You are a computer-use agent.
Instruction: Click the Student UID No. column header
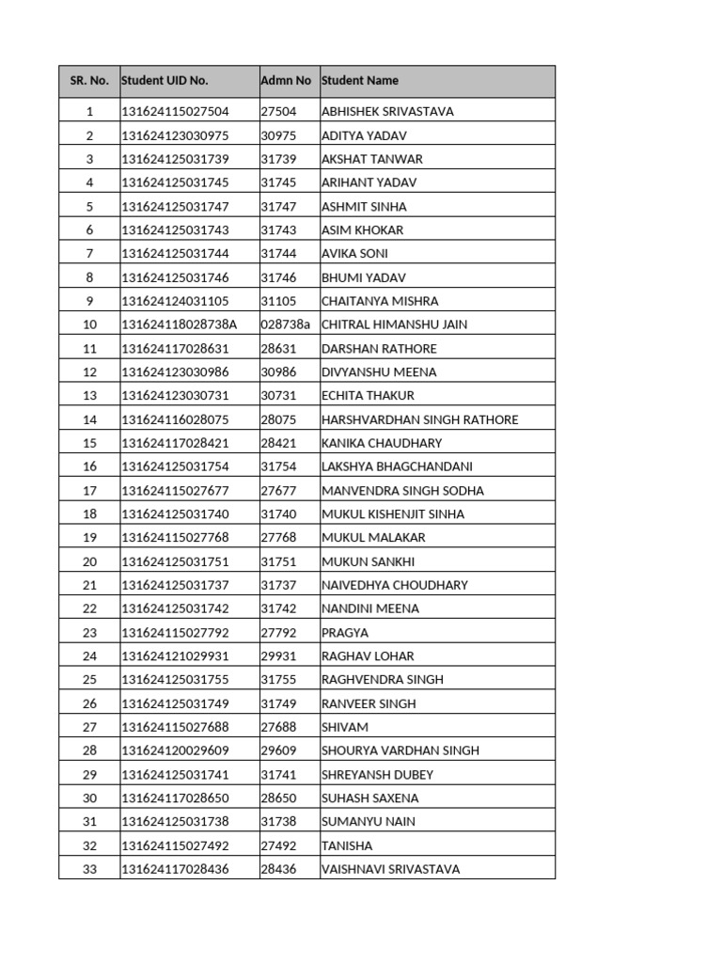165,81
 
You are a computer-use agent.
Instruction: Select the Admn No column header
286,81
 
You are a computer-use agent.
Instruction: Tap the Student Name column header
360,81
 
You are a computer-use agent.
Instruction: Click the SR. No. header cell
89,81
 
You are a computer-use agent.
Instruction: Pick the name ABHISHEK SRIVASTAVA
387,112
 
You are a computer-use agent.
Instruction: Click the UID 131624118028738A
180,324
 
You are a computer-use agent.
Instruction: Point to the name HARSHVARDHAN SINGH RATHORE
419,419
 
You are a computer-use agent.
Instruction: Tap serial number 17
89,491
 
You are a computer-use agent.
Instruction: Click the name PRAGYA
345,633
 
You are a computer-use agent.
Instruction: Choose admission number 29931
278,656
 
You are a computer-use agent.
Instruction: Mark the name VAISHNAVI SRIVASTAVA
390,870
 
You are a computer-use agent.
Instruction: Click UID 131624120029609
175,750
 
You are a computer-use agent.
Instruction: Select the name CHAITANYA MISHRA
380,301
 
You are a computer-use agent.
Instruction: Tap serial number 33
89,870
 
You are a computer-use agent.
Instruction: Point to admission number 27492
278,845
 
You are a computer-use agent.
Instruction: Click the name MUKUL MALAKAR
373,538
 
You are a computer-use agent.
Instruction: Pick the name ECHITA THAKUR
368,396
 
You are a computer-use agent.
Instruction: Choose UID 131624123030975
175,135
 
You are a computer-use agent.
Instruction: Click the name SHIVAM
345,727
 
